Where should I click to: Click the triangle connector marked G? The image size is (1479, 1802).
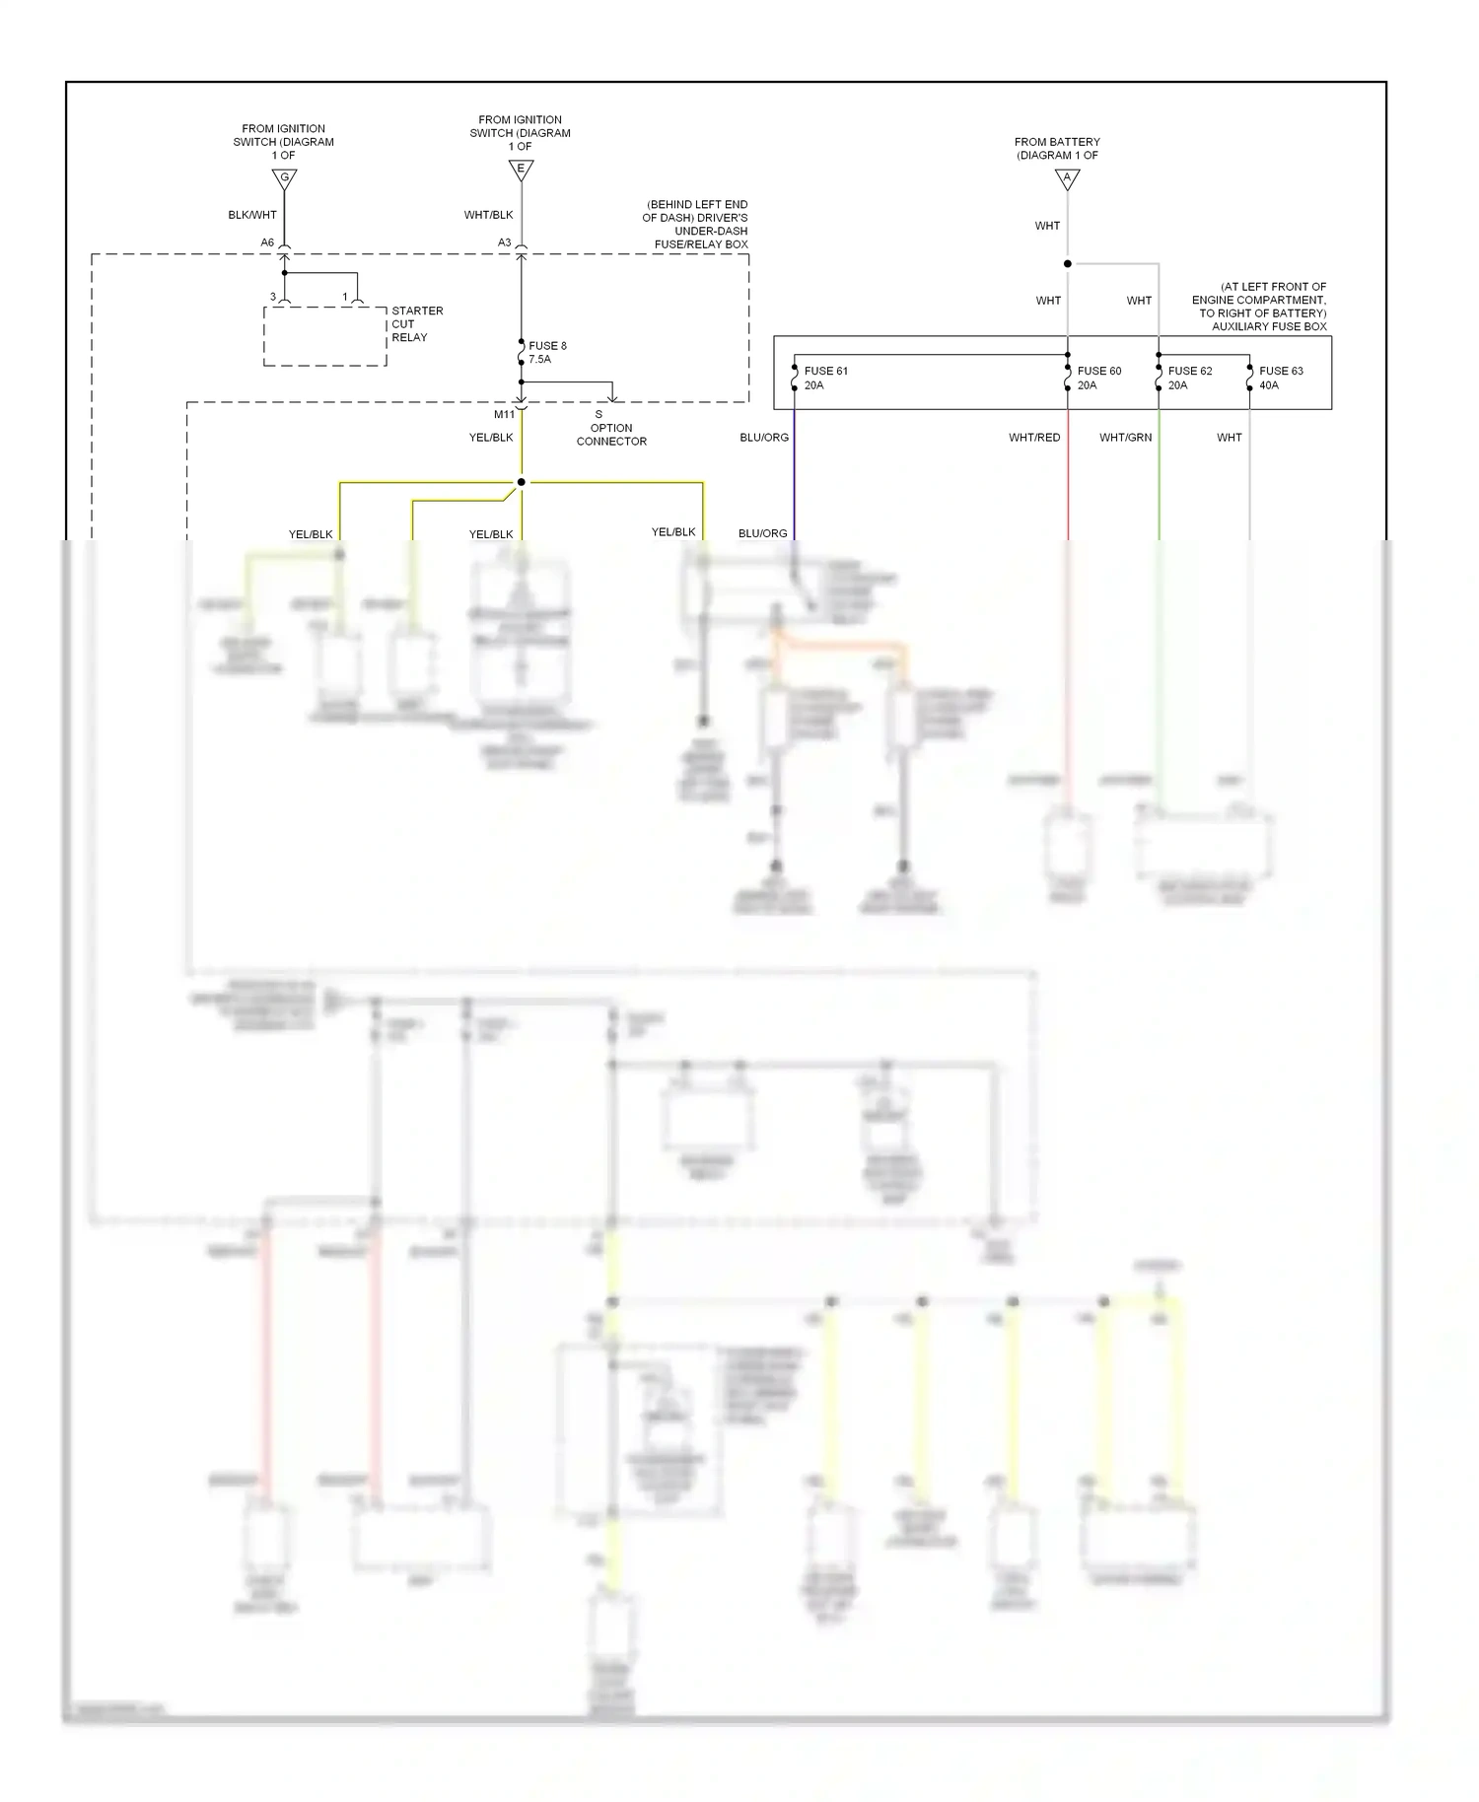point(284,178)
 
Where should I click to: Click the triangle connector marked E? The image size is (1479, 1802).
point(521,170)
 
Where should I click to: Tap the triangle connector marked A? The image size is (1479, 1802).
point(1067,178)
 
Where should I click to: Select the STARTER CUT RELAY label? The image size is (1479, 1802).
point(417,324)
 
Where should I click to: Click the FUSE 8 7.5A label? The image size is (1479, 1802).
point(547,353)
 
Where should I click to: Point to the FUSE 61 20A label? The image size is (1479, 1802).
point(825,379)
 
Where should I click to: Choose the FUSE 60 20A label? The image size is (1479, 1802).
point(1098,379)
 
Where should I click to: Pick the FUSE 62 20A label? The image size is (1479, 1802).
point(1189,379)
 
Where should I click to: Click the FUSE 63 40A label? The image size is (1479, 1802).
point(1280,379)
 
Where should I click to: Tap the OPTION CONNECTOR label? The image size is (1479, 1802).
point(611,435)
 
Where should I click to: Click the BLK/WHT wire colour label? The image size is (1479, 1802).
point(252,215)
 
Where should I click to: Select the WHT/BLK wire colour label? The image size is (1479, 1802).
point(488,215)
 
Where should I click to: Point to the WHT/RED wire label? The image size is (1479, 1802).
point(1034,438)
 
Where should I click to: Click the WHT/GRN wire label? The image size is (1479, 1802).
point(1125,438)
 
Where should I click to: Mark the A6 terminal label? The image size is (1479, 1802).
point(267,243)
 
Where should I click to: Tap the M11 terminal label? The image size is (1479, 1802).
point(504,415)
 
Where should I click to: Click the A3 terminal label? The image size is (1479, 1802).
point(504,243)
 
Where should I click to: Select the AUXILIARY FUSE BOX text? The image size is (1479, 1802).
point(1269,326)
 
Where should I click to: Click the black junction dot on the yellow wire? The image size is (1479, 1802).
point(522,482)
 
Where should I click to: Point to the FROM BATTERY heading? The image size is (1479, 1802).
point(1057,149)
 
